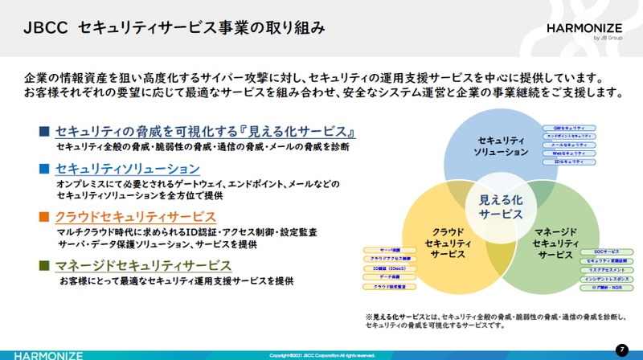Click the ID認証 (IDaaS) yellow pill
[389, 268]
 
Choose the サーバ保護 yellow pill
[389, 251]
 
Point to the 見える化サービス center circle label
[501, 207]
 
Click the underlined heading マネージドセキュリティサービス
[143, 265]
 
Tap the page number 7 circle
[621, 350]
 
